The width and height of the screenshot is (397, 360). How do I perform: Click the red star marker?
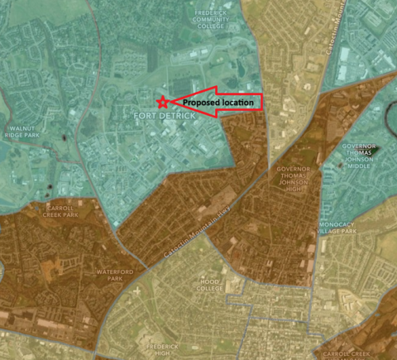pos(162,102)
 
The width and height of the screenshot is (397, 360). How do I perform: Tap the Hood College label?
pos(210,286)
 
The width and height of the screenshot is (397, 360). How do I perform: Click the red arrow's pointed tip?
pos(171,102)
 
